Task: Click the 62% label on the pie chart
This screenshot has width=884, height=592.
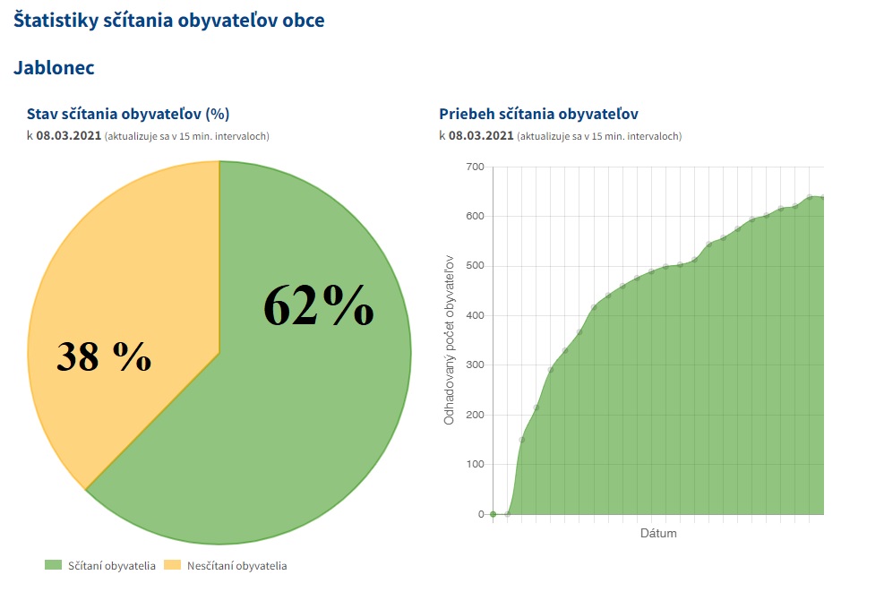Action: coord(318,306)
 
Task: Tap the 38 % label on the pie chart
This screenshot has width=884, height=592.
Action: coord(104,356)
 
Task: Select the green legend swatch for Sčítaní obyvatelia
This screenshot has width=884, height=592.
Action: coord(53,565)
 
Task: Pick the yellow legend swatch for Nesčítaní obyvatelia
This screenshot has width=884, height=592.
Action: coord(172,565)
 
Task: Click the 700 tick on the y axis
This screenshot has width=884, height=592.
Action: coord(475,167)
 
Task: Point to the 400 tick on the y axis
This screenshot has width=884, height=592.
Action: coord(475,315)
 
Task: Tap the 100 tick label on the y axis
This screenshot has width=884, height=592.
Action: coord(475,464)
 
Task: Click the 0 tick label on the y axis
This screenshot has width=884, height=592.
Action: coord(480,514)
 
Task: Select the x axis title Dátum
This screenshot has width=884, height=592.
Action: coord(658,534)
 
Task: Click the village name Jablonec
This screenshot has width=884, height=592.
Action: coord(54,67)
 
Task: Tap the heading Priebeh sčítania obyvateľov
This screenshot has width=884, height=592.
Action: coord(538,114)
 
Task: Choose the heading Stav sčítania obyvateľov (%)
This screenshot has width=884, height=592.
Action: coord(129,114)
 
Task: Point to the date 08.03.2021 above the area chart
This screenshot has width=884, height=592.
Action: coord(481,136)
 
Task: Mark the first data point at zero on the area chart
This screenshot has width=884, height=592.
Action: coord(493,514)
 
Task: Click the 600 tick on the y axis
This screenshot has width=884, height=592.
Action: coord(475,216)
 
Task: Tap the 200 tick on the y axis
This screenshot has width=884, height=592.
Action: coord(475,415)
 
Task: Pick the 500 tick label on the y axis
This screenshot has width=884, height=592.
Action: coord(475,266)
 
